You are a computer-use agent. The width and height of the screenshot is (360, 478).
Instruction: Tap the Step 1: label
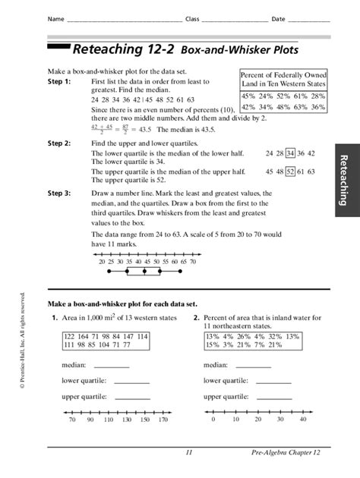point(58,80)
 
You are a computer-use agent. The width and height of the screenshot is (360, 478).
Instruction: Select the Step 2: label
point(58,143)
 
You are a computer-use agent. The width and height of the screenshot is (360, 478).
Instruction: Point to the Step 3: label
point(58,193)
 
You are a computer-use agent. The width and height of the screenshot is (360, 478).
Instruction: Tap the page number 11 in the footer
point(188,453)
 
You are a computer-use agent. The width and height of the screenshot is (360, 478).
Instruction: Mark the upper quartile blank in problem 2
point(273,397)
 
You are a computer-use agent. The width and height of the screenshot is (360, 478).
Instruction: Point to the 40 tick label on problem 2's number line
point(302,420)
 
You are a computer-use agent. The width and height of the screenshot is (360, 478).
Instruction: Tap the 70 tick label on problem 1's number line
point(72,420)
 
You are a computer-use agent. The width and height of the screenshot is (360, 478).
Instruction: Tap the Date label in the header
point(278,18)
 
